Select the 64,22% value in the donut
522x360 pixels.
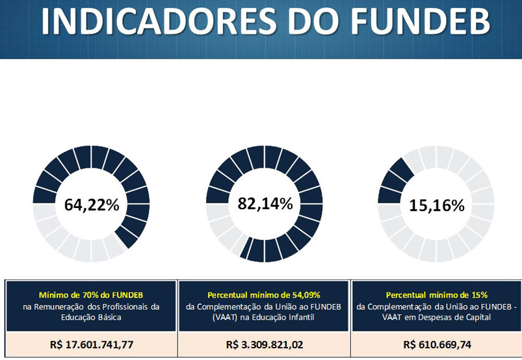tap(92, 205)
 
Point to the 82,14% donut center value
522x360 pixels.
tap(265, 203)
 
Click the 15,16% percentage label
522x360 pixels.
tap(437, 206)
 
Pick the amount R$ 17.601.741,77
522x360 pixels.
tap(91, 344)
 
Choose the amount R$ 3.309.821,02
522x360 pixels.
tap(264, 344)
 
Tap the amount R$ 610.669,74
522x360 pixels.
tap(437, 344)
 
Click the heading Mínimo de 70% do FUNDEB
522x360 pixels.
tap(91, 294)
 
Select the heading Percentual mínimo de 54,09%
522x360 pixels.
tap(264, 294)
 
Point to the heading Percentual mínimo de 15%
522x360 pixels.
tap(437, 294)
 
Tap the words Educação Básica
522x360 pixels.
tap(91, 318)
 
